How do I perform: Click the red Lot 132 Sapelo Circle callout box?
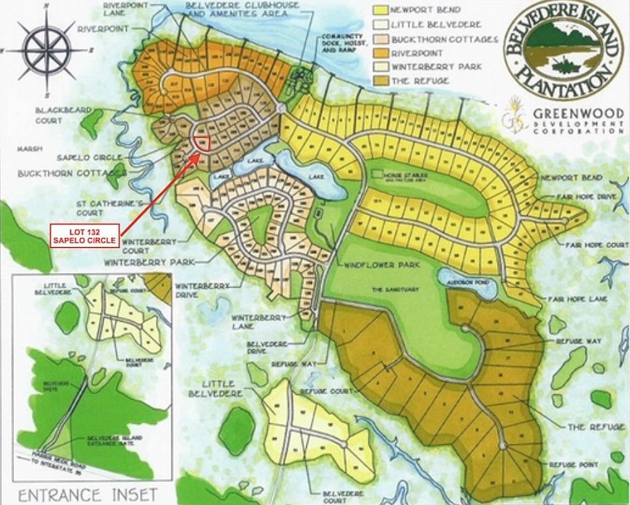[85, 235]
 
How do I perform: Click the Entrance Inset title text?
[88, 494]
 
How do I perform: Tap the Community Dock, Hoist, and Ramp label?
[343, 44]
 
